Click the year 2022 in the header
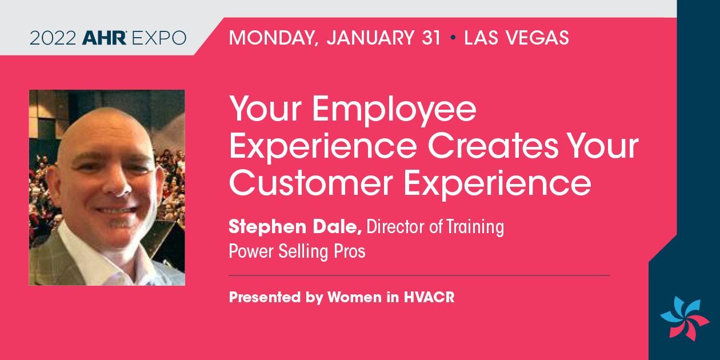click(x=53, y=38)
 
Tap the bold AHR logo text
click(x=104, y=38)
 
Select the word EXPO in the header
click(x=159, y=38)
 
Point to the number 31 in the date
click(x=431, y=38)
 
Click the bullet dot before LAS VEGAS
click(x=453, y=38)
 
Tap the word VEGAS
click(x=537, y=38)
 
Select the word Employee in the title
click(x=394, y=110)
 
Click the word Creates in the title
click(x=493, y=146)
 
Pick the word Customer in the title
click(x=311, y=183)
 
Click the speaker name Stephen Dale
click(x=295, y=227)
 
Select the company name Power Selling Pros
click(x=297, y=251)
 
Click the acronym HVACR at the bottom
click(x=429, y=297)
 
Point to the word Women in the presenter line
click(x=354, y=297)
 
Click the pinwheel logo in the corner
click(x=685, y=318)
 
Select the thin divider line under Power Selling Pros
click(x=419, y=275)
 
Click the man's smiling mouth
click(x=115, y=211)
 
